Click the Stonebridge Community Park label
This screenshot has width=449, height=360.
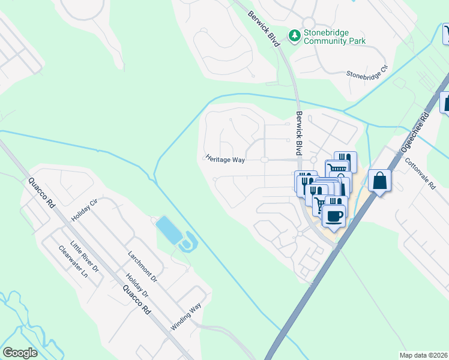(x=334, y=37)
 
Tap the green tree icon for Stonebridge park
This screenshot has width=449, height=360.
(x=294, y=37)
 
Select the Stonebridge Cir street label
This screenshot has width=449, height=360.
(x=367, y=75)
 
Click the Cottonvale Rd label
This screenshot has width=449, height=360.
(x=419, y=173)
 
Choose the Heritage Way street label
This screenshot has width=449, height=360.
(x=225, y=160)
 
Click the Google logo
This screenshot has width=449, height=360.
(x=20, y=353)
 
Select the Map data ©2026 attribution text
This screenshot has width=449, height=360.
(x=424, y=355)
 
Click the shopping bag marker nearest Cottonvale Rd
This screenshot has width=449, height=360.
(x=379, y=181)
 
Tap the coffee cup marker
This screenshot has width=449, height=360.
(x=334, y=215)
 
